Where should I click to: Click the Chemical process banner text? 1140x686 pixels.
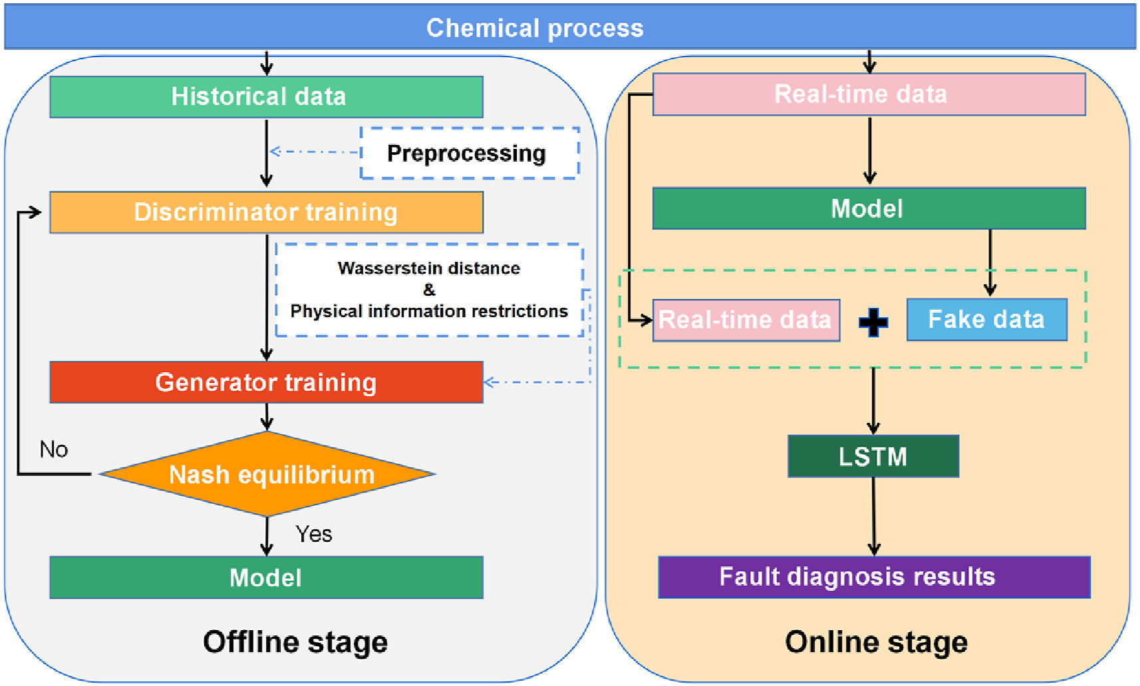tap(535, 28)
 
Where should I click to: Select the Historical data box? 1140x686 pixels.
tap(266, 97)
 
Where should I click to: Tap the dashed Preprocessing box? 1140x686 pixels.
tap(469, 154)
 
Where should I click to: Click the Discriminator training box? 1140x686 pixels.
tap(266, 212)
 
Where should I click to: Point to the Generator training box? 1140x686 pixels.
tap(266, 382)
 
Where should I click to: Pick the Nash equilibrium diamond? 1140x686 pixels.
tap(267, 475)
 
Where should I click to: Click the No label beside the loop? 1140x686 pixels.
tap(54, 450)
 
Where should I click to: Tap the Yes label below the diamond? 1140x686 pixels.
tap(314, 534)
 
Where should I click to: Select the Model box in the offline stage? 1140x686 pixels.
tap(266, 578)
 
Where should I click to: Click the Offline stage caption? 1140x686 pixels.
tap(295, 642)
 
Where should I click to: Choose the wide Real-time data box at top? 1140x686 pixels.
tap(869, 94)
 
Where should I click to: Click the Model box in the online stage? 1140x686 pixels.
tap(869, 209)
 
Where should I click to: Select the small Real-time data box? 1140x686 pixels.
tap(746, 320)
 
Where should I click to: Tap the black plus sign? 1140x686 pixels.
tap(873, 322)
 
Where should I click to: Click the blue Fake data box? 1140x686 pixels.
tap(986, 320)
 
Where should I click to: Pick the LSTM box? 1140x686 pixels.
tap(873, 457)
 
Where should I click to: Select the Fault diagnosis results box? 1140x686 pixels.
tap(874, 577)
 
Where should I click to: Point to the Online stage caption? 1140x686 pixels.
tap(876, 642)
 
